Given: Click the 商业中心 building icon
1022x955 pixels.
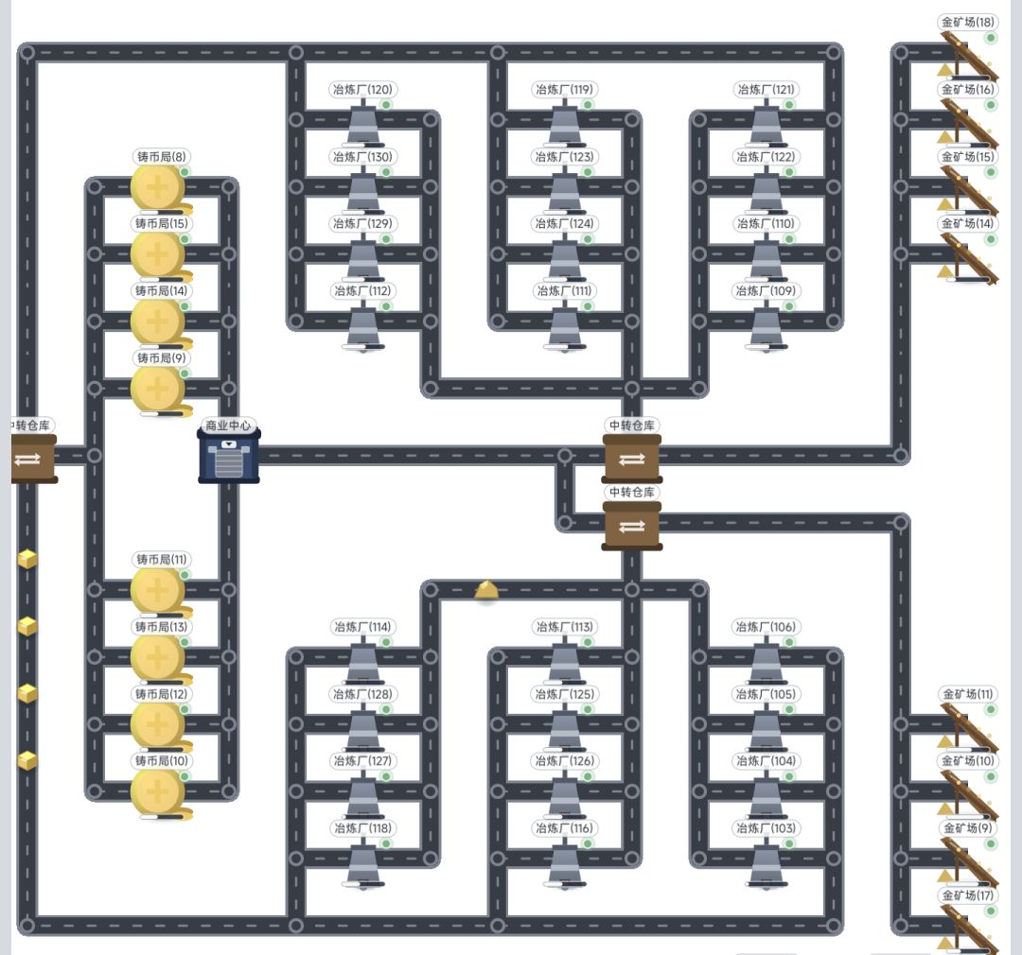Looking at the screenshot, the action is (x=229, y=456).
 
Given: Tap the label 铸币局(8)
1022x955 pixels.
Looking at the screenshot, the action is (x=162, y=157).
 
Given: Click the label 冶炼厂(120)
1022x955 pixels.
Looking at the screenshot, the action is (x=362, y=90).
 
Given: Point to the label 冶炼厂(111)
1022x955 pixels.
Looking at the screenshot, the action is (x=564, y=291).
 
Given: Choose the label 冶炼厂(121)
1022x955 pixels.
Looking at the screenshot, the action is (x=766, y=90).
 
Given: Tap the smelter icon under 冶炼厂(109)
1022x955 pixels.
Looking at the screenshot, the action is (x=766, y=329).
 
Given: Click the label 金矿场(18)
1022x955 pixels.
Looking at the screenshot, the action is (x=968, y=22).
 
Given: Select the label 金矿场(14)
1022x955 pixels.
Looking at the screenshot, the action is (x=968, y=224).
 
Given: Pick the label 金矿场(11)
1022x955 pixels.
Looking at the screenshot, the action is (x=968, y=694).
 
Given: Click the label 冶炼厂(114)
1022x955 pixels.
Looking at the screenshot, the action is (x=362, y=627).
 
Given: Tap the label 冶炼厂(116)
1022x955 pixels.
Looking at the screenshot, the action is (x=564, y=828).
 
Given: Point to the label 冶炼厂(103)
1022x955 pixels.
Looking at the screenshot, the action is (x=766, y=828).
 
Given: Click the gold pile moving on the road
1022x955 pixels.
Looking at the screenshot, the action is (x=486, y=591).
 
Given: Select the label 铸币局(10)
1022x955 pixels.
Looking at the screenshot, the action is (x=162, y=761).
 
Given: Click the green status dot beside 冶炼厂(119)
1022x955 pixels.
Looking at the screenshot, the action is (x=588, y=105).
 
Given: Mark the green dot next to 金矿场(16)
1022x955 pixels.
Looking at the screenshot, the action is (x=991, y=105).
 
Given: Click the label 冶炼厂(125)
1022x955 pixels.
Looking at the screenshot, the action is (x=564, y=694).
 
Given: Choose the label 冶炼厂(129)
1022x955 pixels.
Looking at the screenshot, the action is (x=362, y=224).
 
